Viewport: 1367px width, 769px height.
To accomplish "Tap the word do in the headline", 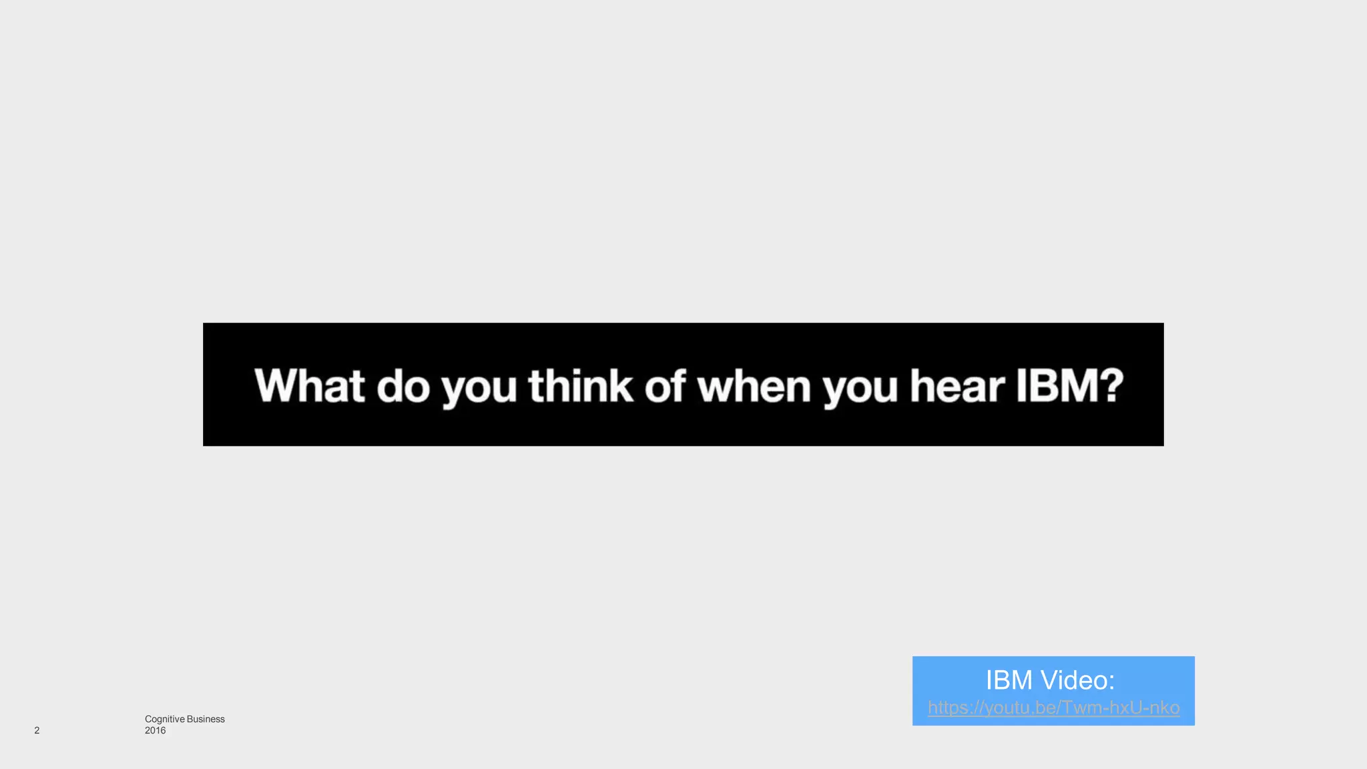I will pyautogui.click(x=403, y=387).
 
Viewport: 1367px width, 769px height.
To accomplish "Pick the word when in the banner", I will pyautogui.click(x=754, y=387).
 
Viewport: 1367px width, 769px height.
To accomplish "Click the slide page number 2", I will pyautogui.click(x=37, y=730).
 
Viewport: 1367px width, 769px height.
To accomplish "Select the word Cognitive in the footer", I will pyautogui.click(x=164, y=719).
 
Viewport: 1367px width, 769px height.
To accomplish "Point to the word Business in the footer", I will pyautogui.click(x=206, y=719).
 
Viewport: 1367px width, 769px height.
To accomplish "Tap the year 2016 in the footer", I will pyautogui.click(x=155, y=730).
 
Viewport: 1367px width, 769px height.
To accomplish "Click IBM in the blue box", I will pyautogui.click(x=1009, y=680).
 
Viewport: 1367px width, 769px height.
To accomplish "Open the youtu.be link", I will pyautogui.click(x=1053, y=708).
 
